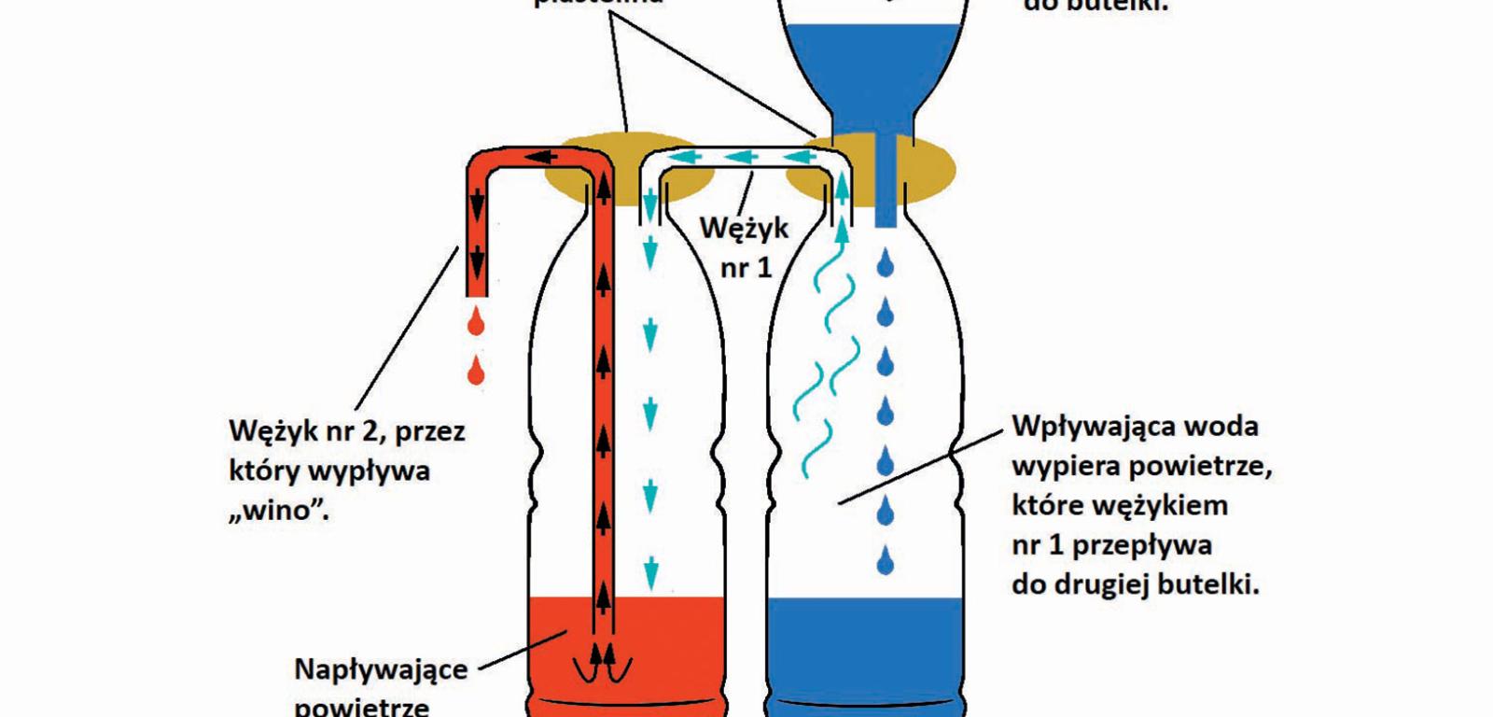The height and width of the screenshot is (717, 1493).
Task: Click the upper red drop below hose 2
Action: [477, 323]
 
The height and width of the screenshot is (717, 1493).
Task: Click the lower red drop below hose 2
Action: [477, 372]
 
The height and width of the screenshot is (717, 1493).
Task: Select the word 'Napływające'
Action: [380, 669]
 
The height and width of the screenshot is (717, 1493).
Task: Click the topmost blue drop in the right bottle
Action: [886, 264]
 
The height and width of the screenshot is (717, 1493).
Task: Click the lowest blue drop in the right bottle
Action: [886, 561]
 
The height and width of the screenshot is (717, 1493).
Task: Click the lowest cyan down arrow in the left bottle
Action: [650, 568]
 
